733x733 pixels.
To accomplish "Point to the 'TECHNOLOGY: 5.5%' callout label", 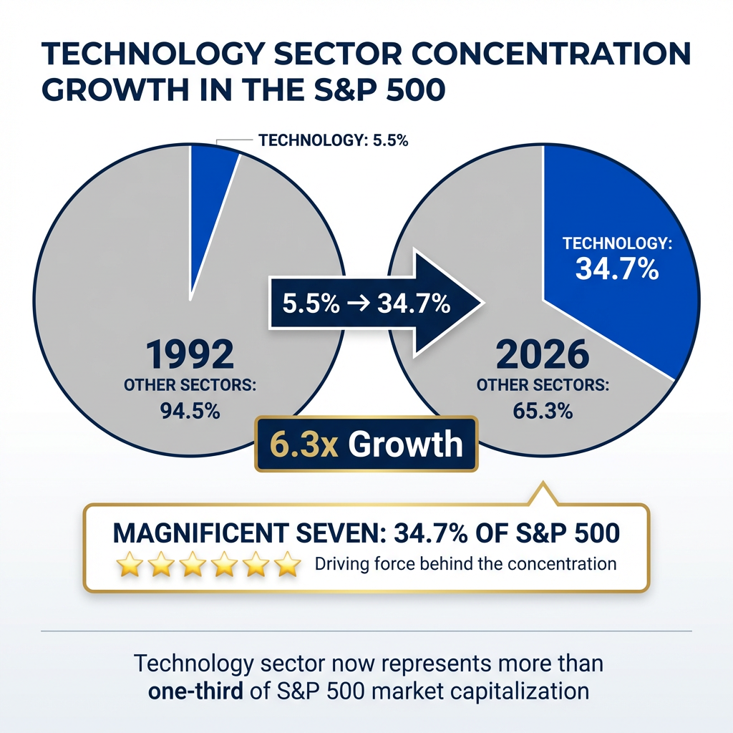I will pos(334,140).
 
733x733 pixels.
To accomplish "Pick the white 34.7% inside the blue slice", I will pos(617,270).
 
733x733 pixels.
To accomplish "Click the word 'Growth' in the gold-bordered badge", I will pos(406,445).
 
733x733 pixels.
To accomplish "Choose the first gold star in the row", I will pos(130,564).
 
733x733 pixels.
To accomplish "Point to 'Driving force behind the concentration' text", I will pos(465,563).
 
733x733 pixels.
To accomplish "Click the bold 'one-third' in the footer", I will pos(193,691).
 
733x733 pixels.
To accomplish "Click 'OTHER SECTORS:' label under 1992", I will pos(190,384).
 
